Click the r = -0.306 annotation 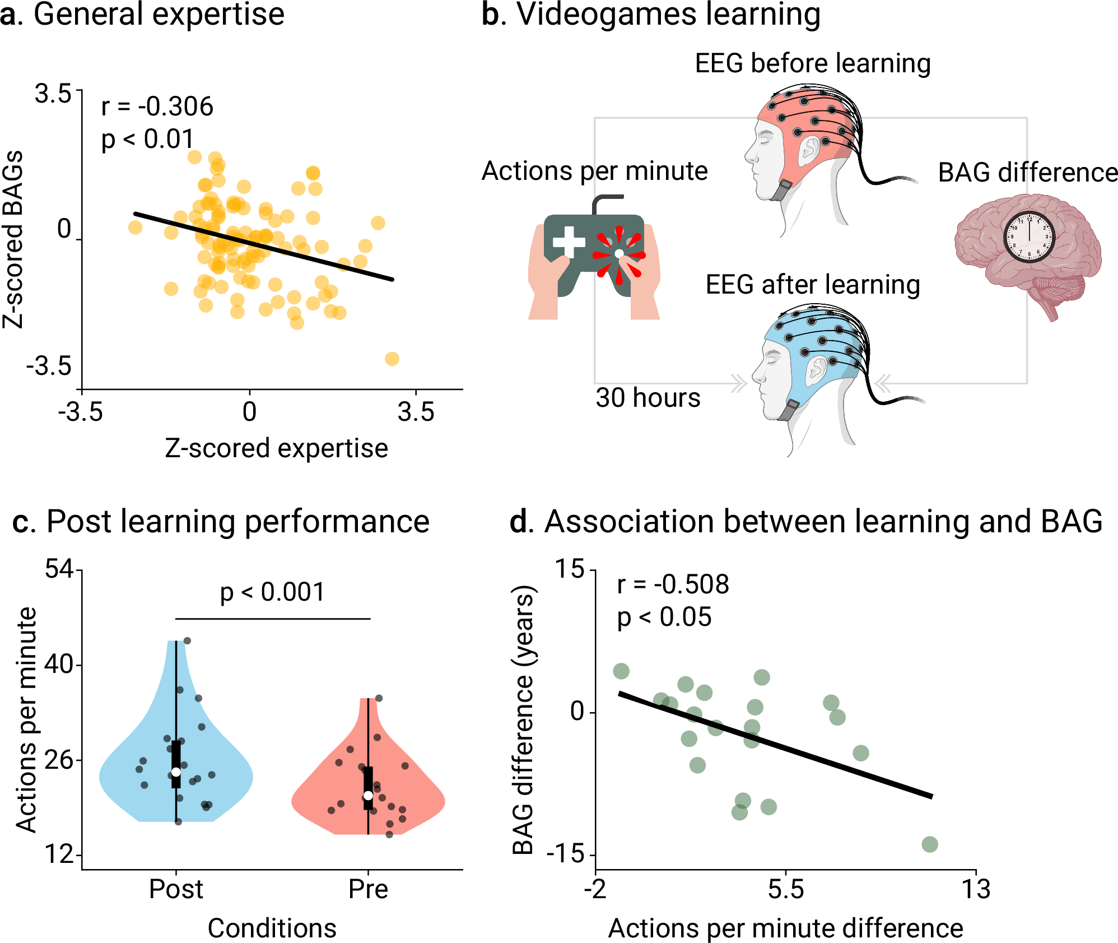point(157,106)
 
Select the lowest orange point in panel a point(392,359)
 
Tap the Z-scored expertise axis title point(276,448)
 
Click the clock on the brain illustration point(1029,238)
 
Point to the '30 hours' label point(647,398)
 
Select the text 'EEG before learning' point(812,63)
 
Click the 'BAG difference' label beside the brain point(1027,173)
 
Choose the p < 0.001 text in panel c point(272,592)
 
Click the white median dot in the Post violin point(176,772)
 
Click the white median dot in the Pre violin point(368,796)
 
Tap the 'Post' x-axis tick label point(176,889)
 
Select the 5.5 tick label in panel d point(785,889)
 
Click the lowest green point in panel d point(930,844)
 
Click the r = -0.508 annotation point(673,584)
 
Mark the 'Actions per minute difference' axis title point(785,928)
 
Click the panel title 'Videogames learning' point(668,15)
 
